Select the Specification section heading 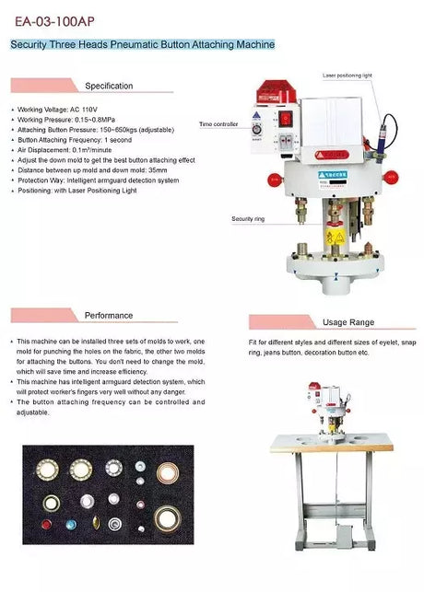point(109,86)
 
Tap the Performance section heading point(109,315)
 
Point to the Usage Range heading point(347,322)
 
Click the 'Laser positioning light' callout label point(347,75)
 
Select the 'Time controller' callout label point(218,123)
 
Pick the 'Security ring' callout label point(248,218)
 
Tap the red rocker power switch point(287,118)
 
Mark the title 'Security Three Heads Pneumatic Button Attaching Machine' point(142,44)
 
